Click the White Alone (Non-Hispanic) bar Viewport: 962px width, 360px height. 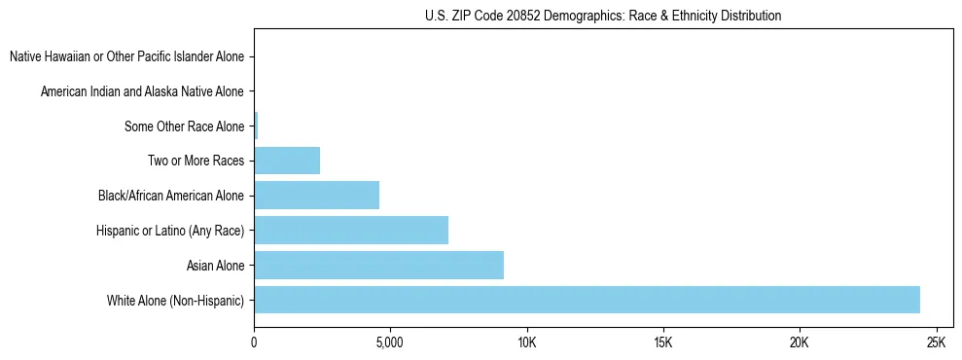[x=587, y=300]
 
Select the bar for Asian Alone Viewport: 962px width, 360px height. [x=379, y=265]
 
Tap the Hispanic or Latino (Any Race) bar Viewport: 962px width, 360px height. [x=351, y=230]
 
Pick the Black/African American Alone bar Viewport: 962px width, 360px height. [x=317, y=195]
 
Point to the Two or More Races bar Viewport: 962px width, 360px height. [x=287, y=161]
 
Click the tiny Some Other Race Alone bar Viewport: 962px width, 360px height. [x=256, y=126]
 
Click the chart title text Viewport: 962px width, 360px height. [x=603, y=16]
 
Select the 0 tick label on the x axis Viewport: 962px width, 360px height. [x=254, y=342]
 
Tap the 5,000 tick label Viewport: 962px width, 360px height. [x=389, y=342]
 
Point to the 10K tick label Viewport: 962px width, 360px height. [x=526, y=342]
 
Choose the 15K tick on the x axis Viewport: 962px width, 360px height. [x=663, y=342]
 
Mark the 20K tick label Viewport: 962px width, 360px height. [x=800, y=342]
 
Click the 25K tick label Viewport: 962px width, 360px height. [x=936, y=342]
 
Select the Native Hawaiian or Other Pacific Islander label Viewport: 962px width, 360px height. [x=126, y=56]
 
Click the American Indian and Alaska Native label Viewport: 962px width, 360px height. [x=142, y=91]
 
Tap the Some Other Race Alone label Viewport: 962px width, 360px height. [x=184, y=126]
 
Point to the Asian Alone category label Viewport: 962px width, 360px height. [x=215, y=265]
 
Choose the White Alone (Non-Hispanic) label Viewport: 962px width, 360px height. [x=176, y=300]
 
